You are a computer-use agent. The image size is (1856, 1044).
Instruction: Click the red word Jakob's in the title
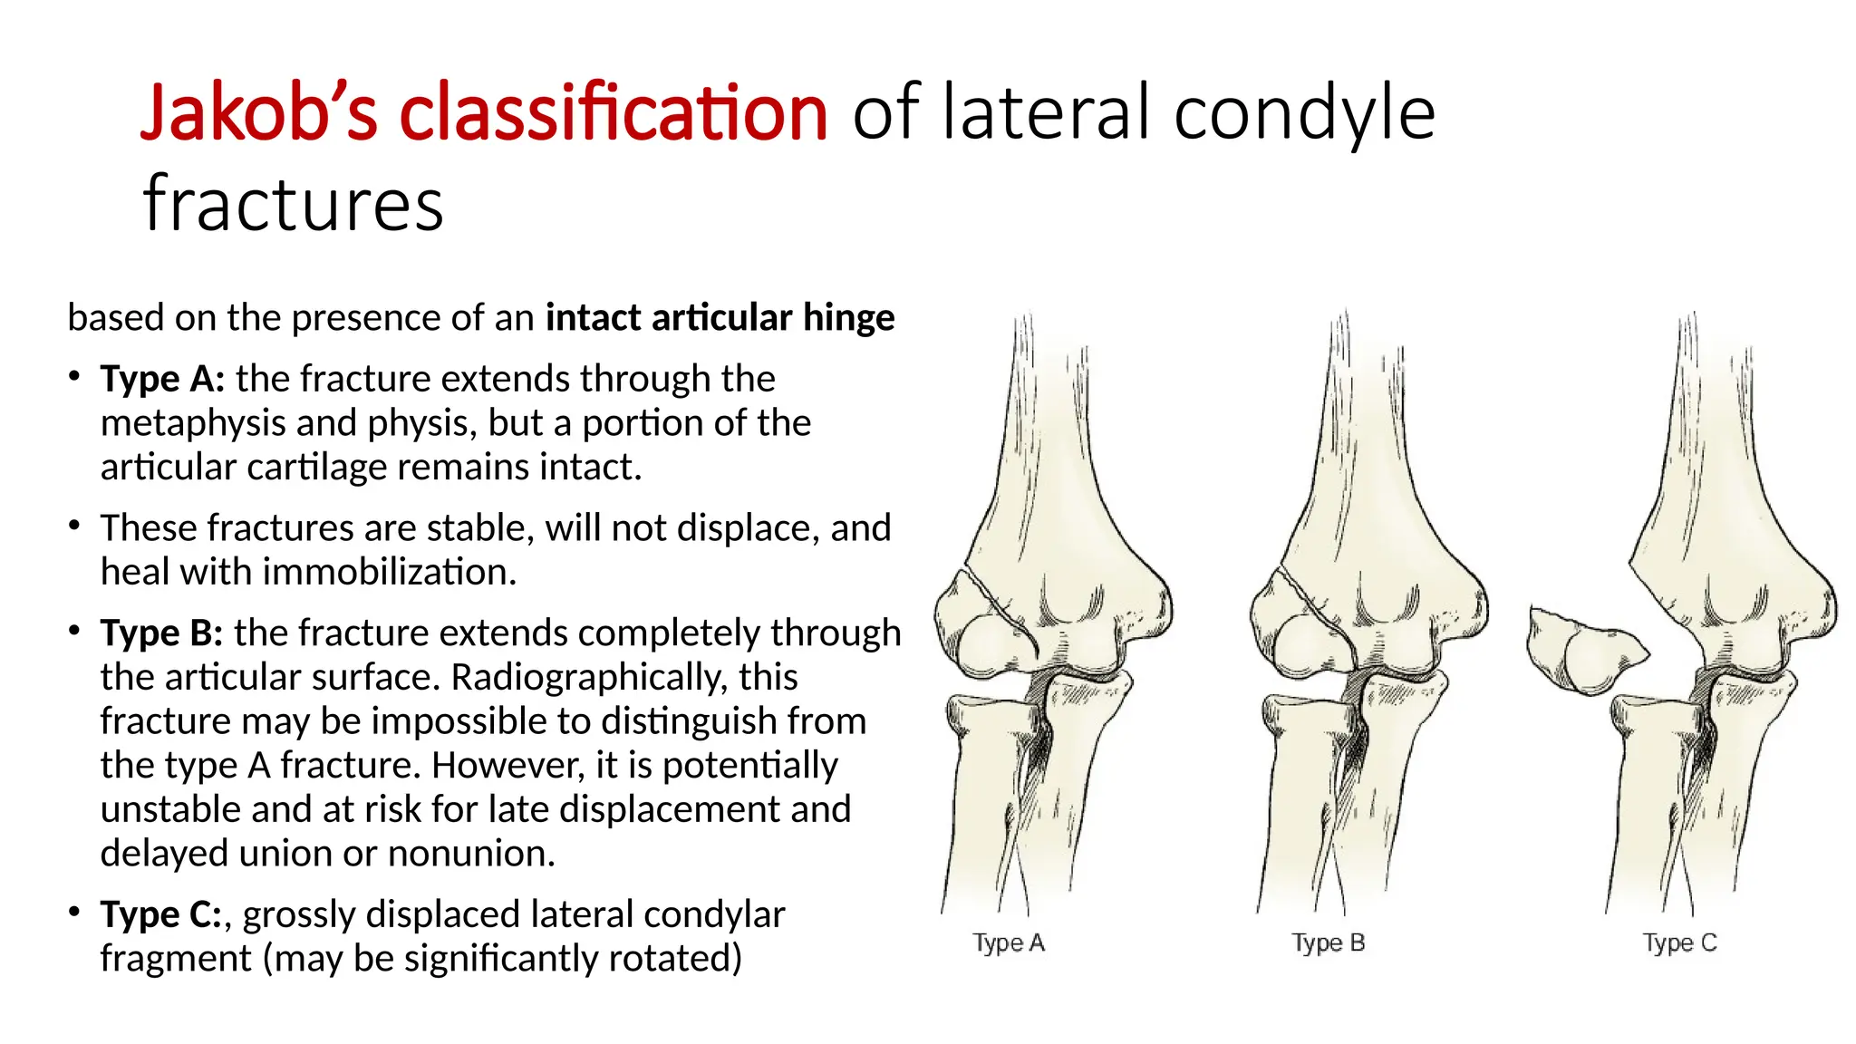(x=258, y=113)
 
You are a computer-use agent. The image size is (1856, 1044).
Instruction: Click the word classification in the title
(x=614, y=113)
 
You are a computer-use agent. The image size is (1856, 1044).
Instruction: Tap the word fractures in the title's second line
(x=293, y=204)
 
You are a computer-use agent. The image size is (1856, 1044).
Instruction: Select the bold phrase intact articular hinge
(x=720, y=318)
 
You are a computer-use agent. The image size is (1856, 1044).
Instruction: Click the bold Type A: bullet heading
(x=162, y=379)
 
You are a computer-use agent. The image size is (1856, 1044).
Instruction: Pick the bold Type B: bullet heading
(x=161, y=633)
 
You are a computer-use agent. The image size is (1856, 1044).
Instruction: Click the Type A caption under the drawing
(x=1009, y=943)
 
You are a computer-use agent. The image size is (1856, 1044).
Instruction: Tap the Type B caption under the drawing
(x=1329, y=943)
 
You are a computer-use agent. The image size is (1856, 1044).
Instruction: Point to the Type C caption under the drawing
(x=1679, y=943)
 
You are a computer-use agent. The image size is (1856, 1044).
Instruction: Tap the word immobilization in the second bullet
(x=390, y=572)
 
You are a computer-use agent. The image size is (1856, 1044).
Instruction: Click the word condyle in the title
(x=1304, y=113)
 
